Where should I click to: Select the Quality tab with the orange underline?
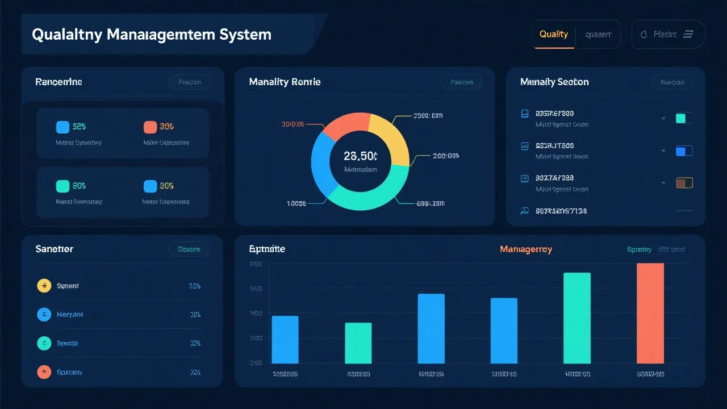[553, 34]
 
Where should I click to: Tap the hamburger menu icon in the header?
[688, 35]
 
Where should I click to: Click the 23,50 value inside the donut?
[360, 156]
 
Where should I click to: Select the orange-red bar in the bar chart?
[650, 313]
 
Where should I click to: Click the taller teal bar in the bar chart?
[576, 318]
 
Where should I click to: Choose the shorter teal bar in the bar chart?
[358, 343]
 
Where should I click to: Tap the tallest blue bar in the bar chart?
[431, 328]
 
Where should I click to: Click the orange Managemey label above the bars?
[525, 249]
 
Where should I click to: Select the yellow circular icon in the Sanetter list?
[44, 286]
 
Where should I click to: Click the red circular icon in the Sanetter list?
[44, 372]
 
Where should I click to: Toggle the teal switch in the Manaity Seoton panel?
[684, 118]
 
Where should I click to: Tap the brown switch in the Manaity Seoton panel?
[684, 183]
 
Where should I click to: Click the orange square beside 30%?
[150, 127]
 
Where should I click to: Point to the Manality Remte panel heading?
[285, 82]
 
